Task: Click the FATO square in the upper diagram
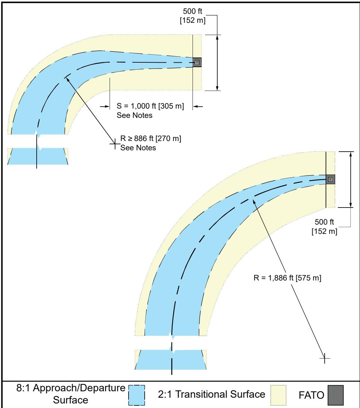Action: [x=197, y=62]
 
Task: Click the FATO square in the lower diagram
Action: [x=330, y=179]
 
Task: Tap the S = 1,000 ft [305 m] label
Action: [x=150, y=106]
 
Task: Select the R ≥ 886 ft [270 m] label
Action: [x=151, y=138]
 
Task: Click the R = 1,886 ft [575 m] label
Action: [x=287, y=278]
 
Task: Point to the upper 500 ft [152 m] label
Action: [x=193, y=16]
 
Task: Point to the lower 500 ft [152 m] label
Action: [x=324, y=226]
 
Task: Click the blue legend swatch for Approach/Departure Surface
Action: [x=137, y=395]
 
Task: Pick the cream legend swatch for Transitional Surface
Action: [x=278, y=395]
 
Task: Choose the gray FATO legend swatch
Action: [x=336, y=395]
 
